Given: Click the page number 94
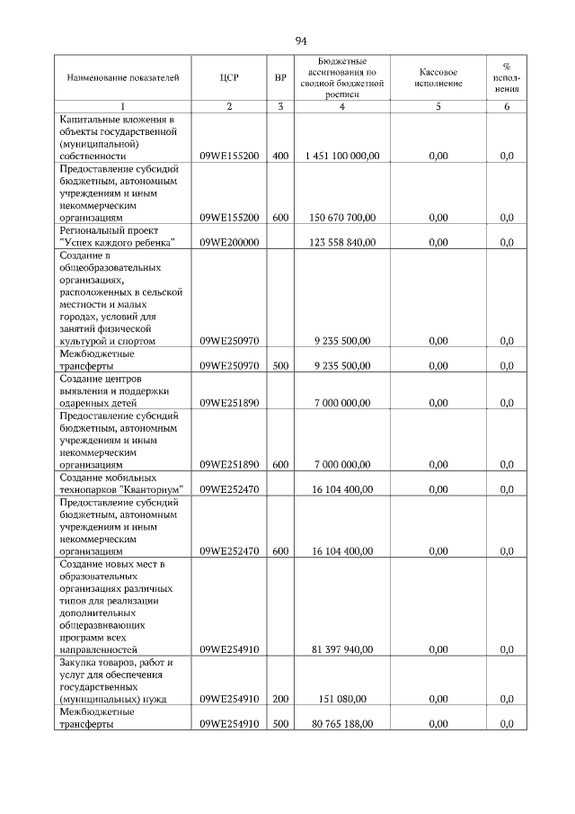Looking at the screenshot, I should pos(301,40).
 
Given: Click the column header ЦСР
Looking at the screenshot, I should pos(229,78).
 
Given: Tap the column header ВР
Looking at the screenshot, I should pos(280,78).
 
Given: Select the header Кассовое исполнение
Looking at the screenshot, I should pos(438,78).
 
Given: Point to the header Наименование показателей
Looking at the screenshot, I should pos(117,78).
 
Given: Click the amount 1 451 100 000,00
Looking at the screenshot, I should pos(342,156).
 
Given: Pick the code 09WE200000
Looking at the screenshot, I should pos(229,242).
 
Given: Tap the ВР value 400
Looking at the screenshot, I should pos(280,156).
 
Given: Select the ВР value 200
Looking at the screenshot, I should pos(280,698).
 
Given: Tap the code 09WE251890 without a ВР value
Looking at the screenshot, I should pos(229,402).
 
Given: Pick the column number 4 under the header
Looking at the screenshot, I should pos(342,107).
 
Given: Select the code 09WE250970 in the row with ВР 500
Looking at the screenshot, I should pos(229,365).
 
